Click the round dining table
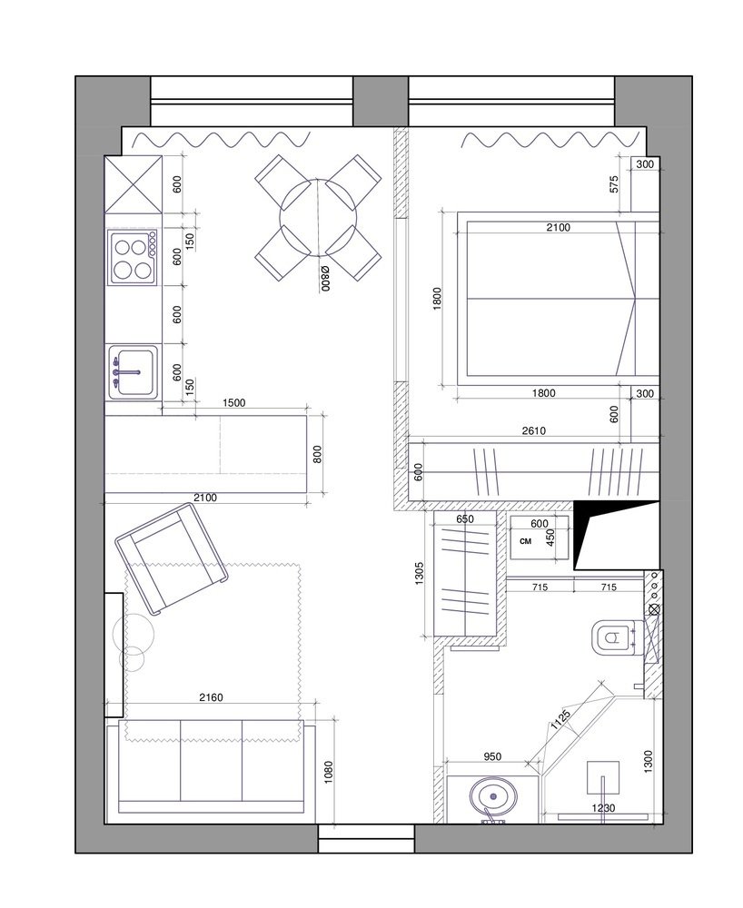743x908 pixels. point(318,218)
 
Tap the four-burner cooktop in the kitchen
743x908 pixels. point(133,257)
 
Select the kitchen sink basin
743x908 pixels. point(134,372)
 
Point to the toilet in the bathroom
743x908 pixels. point(613,637)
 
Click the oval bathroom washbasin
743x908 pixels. point(492,797)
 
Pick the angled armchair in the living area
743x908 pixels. point(172,558)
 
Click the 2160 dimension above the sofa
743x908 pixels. point(211,697)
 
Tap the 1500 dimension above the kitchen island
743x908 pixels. point(234,402)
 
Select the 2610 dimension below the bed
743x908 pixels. point(533,430)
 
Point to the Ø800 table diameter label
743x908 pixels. point(325,277)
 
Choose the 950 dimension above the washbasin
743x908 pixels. point(492,756)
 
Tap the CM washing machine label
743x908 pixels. point(526,541)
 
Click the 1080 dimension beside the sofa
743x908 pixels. point(329,773)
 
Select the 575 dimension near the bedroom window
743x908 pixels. point(614,184)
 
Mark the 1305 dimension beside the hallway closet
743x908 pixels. point(420,573)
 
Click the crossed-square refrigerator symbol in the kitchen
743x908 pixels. point(134,184)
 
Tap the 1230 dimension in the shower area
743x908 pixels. point(603,808)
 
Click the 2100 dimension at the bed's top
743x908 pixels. point(559,228)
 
